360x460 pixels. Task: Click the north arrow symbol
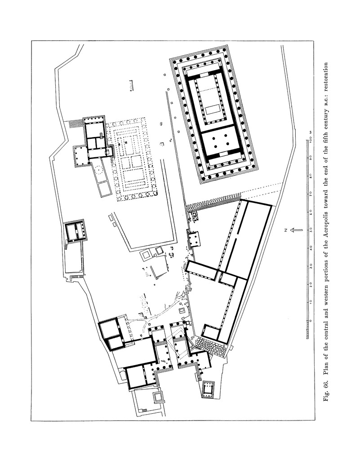click(296, 230)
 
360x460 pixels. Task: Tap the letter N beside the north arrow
click(285, 230)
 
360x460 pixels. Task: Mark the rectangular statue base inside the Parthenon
click(213, 111)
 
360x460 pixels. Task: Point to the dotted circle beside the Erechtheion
click(98, 169)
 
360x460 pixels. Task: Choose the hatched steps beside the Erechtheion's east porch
click(76, 124)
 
